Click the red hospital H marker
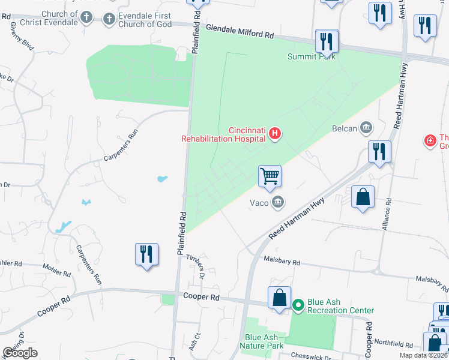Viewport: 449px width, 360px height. [x=275, y=133]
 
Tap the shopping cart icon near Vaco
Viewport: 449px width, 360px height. [x=270, y=176]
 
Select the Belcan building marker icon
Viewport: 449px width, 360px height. [x=366, y=128]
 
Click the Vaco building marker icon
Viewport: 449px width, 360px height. [x=277, y=202]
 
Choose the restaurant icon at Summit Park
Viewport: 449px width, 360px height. [x=327, y=41]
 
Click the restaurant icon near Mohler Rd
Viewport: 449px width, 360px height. [x=146, y=254]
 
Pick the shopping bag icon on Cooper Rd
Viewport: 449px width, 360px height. [x=280, y=298]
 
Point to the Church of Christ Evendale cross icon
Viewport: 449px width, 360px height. [x=87, y=18]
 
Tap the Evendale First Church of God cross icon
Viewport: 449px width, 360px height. [x=109, y=19]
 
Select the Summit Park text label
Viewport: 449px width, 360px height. [x=311, y=57]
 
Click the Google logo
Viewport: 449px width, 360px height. [x=20, y=353]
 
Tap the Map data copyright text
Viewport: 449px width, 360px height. [x=423, y=355]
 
